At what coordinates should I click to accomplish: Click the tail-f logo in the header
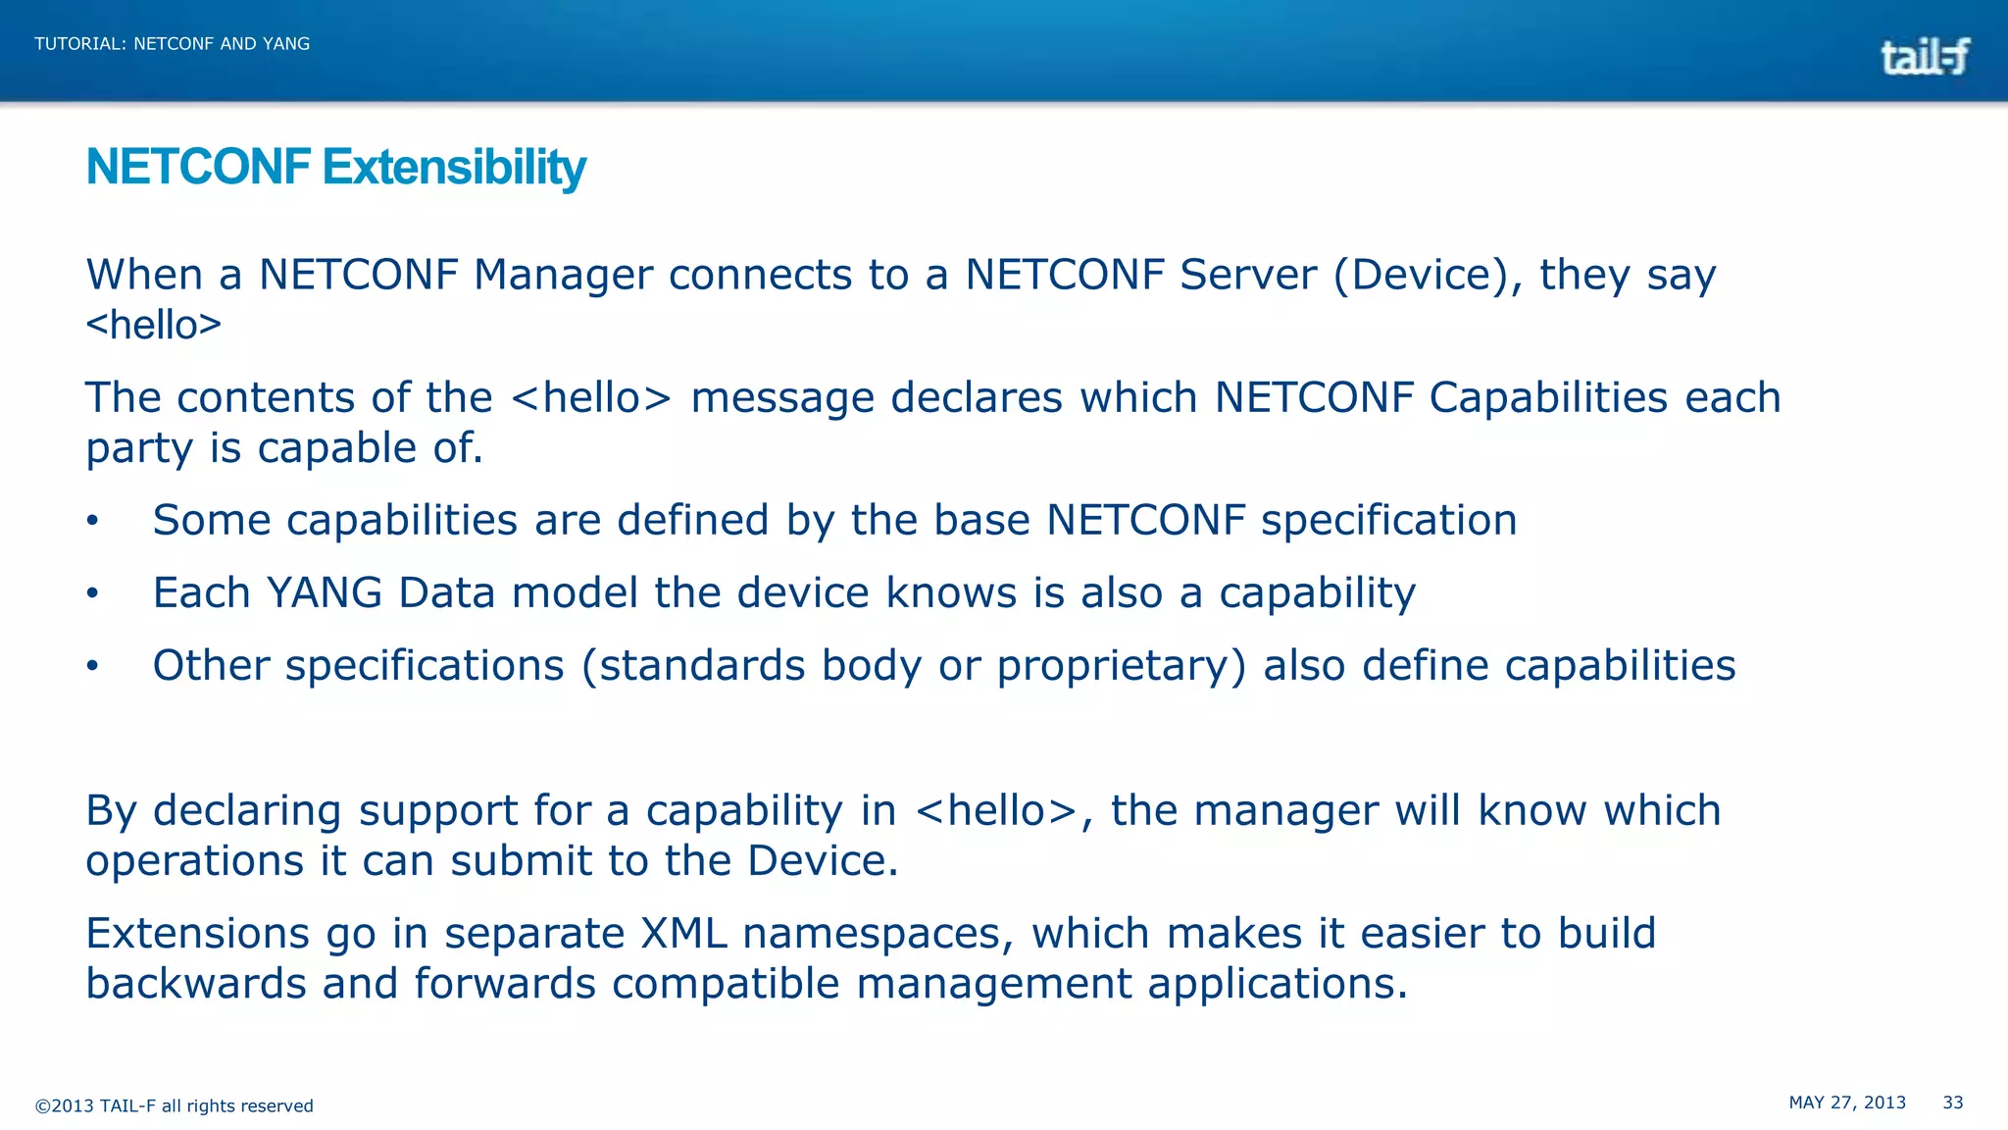coord(1925,57)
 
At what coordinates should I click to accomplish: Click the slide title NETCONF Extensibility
coord(336,167)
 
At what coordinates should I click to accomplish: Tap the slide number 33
coord(1953,1103)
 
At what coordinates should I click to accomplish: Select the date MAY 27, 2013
coord(1847,1103)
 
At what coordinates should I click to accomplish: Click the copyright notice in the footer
coord(174,1106)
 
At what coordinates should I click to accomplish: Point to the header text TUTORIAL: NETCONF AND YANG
coord(173,43)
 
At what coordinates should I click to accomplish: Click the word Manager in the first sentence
coord(563,276)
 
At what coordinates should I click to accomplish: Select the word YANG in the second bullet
coord(324,593)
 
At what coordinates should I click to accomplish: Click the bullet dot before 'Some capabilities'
coord(92,521)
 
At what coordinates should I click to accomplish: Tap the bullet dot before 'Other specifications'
coord(92,666)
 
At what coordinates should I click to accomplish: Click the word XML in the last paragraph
coord(683,934)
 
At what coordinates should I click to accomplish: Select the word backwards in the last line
coord(196,984)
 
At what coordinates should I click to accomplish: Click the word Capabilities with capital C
coord(1548,398)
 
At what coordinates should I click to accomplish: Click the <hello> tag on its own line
coord(154,326)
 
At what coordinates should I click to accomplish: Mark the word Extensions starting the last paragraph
coord(197,934)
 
